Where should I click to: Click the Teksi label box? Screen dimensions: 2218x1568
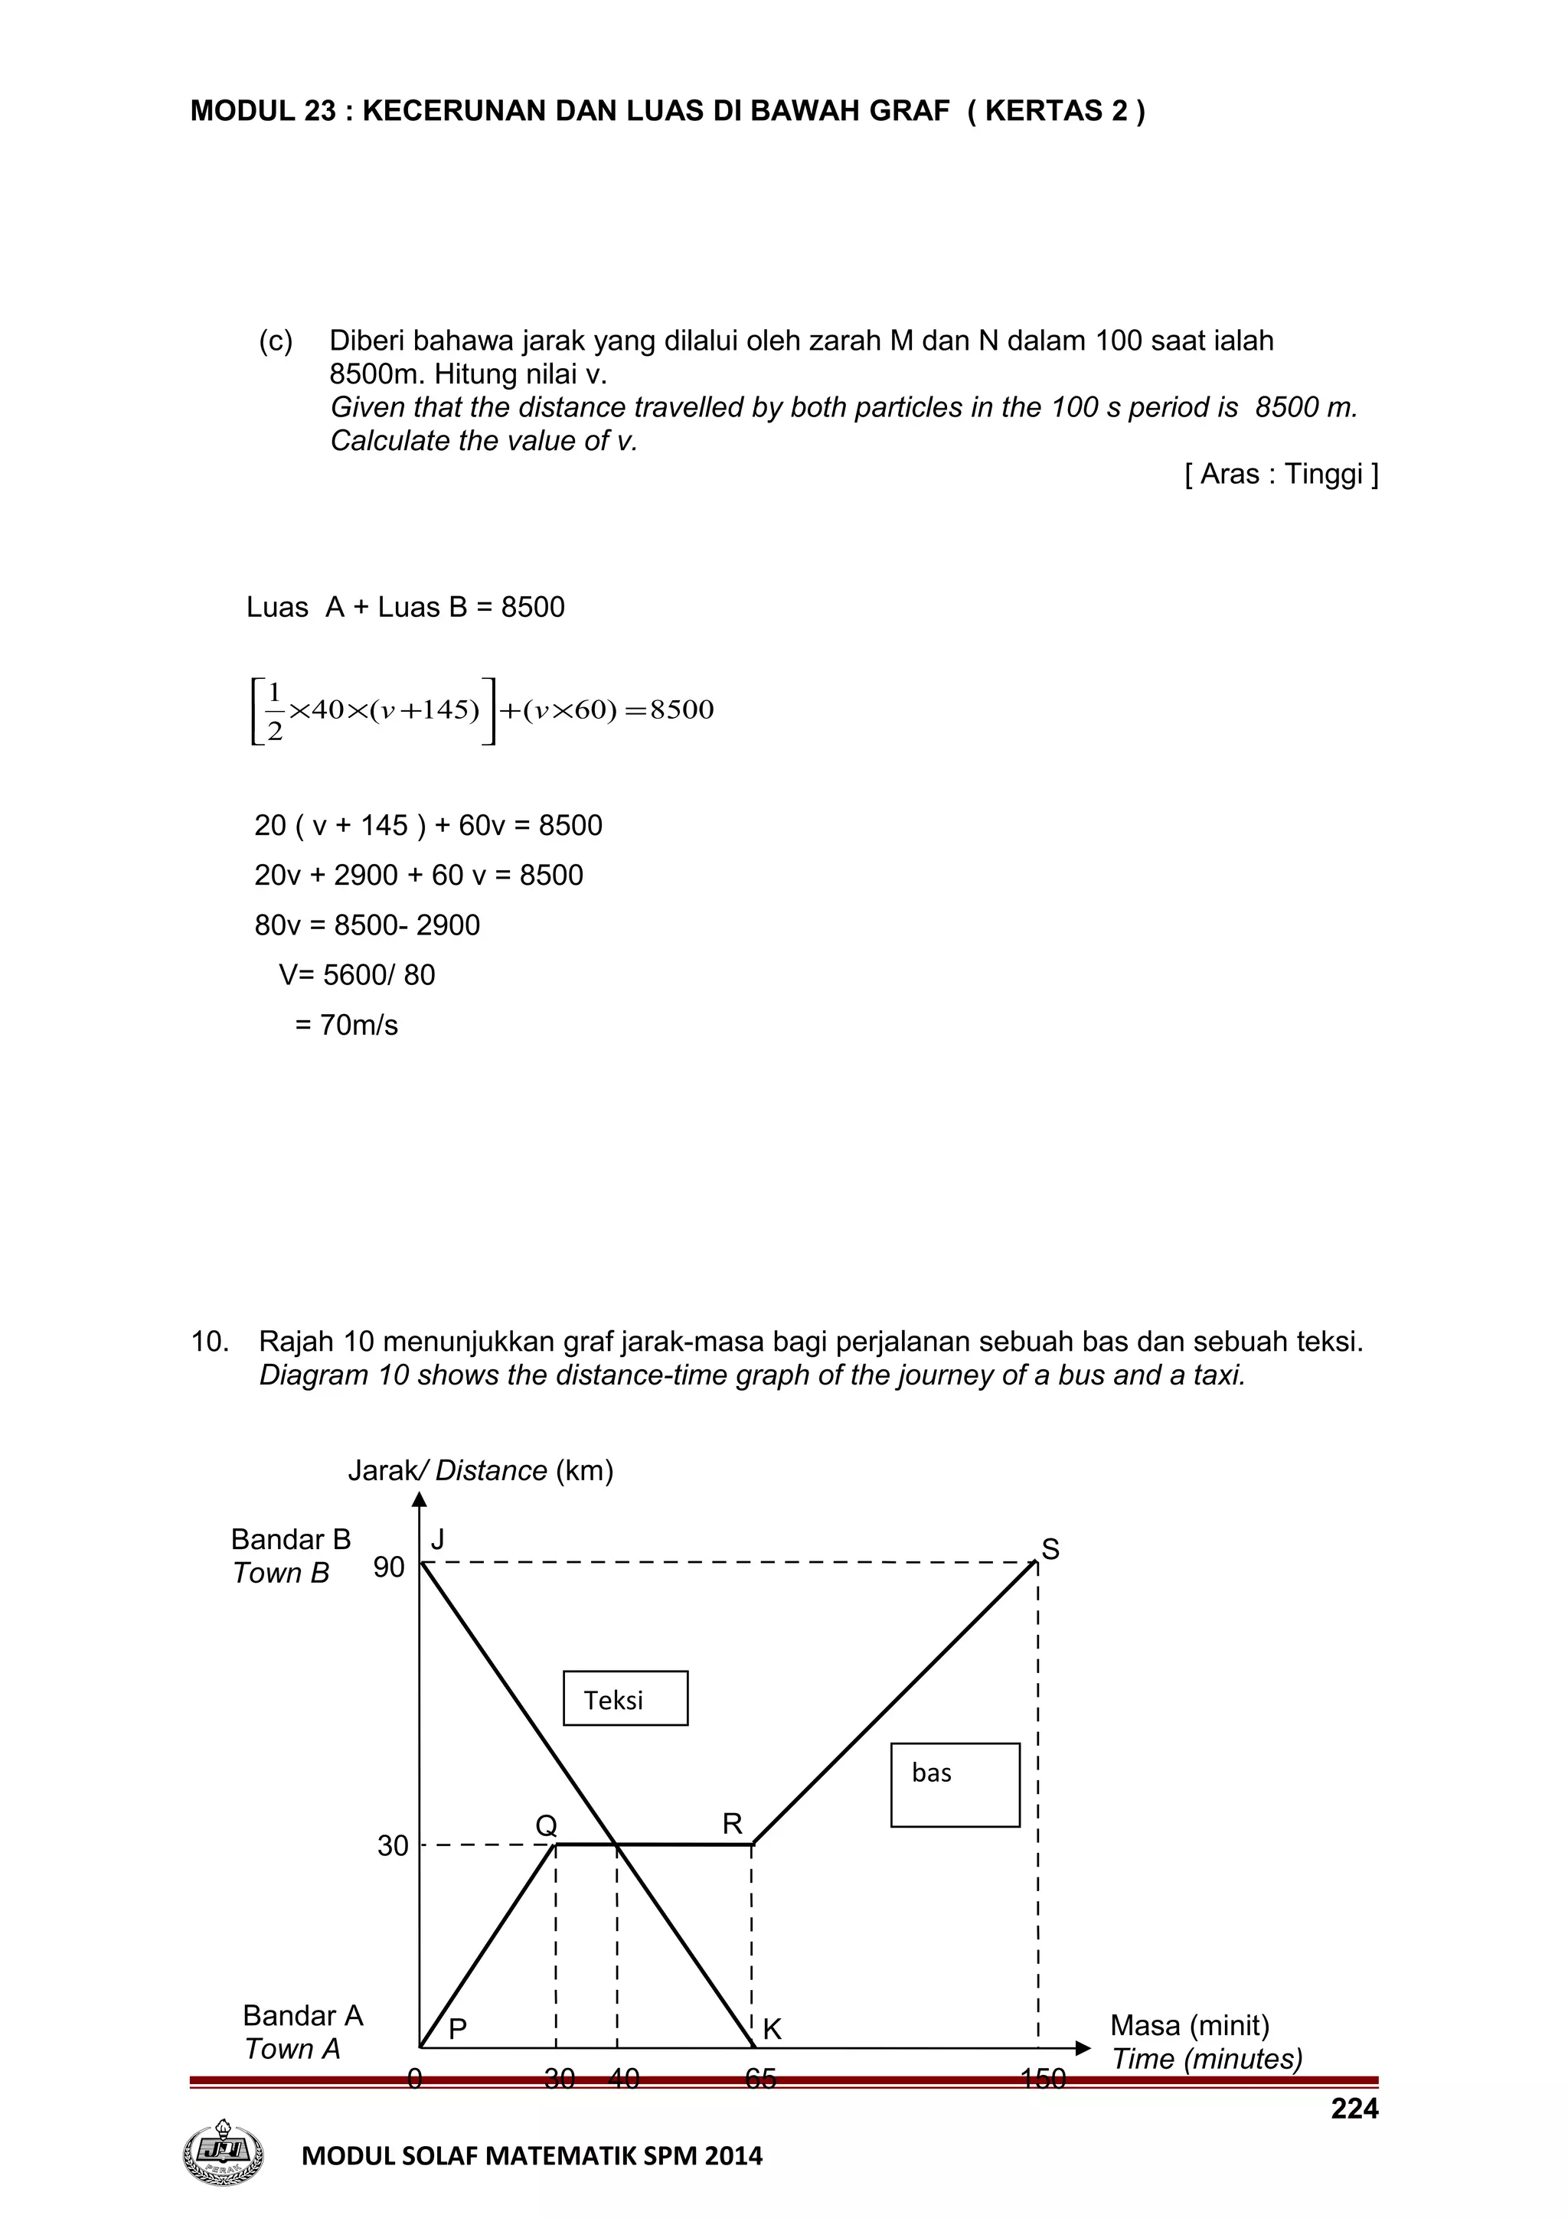tap(625, 1698)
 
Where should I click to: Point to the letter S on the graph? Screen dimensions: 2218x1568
tap(1050, 1550)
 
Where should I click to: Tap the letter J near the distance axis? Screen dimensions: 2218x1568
tap(438, 1540)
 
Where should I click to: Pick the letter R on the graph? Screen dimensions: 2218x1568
tap(732, 1824)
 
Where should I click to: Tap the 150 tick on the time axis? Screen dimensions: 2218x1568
tap(1043, 2078)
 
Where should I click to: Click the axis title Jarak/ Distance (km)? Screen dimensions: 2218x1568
tap(480, 1470)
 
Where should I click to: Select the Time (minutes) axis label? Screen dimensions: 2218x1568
tap(1207, 2059)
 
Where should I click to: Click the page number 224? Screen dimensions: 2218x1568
tap(1354, 2109)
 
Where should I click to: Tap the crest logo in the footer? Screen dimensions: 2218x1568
tap(223, 2153)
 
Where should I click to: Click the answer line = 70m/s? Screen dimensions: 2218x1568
tap(346, 1025)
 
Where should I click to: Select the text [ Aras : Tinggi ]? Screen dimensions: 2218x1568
tap(1281, 475)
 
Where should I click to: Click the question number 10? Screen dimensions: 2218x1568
tap(210, 1341)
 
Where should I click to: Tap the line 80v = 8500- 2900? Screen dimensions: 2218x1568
tap(367, 925)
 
